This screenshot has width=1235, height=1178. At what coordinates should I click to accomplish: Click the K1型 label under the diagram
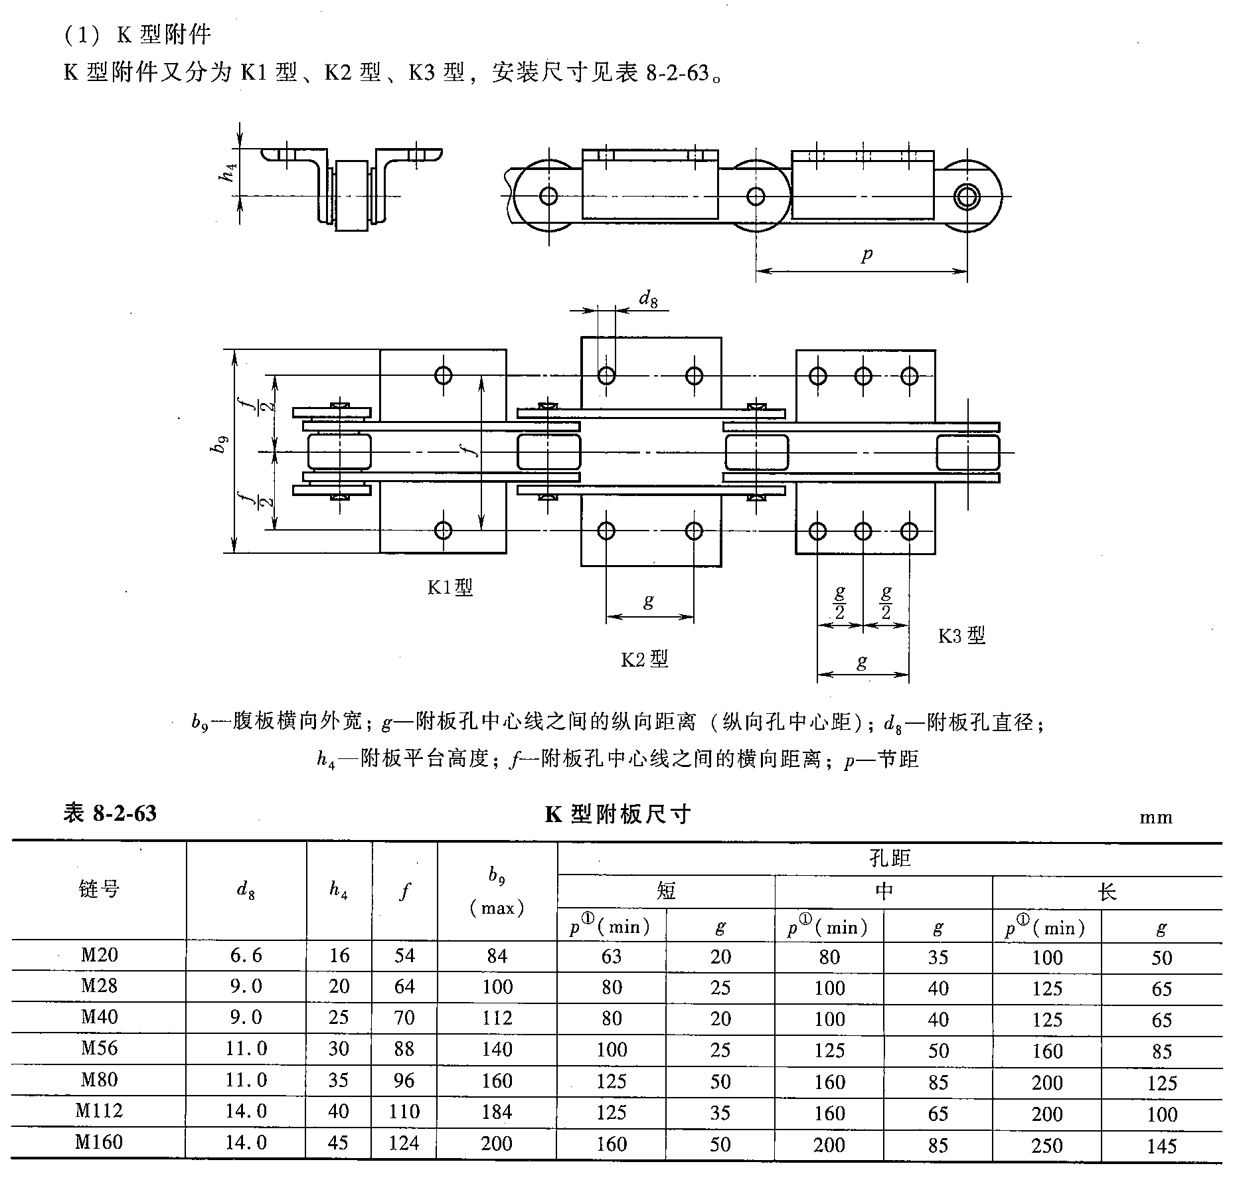click(x=450, y=587)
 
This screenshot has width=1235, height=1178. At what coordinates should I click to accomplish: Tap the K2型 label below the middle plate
click(x=643, y=659)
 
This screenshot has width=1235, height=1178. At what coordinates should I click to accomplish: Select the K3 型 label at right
click(x=961, y=635)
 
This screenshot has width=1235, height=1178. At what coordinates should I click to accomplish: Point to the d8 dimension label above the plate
click(x=648, y=299)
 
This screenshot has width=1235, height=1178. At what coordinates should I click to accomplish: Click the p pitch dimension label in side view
click(x=866, y=254)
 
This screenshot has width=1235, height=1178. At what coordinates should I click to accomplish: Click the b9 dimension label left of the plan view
click(x=220, y=444)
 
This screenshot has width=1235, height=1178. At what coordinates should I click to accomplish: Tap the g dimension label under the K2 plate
click(x=649, y=601)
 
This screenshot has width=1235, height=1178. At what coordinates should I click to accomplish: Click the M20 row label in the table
click(x=99, y=955)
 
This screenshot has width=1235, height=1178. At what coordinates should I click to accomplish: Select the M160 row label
click(x=99, y=1141)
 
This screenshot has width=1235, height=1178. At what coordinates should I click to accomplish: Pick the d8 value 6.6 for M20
click(x=246, y=955)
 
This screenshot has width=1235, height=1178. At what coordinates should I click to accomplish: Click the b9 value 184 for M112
click(x=497, y=1111)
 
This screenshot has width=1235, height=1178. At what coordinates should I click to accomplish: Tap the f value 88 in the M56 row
click(x=404, y=1049)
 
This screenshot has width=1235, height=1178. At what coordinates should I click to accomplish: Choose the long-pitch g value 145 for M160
click(x=1161, y=1145)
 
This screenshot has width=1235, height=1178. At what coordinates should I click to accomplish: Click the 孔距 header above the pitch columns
click(x=889, y=859)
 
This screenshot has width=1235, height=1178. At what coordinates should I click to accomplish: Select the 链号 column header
click(x=99, y=889)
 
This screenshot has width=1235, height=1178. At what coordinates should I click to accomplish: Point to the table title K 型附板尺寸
click(x=617, y=814)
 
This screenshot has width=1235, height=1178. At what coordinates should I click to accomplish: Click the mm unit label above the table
click(x=1156, y=818)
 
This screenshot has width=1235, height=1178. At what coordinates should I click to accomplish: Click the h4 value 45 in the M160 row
click(x=338, y=1142)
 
